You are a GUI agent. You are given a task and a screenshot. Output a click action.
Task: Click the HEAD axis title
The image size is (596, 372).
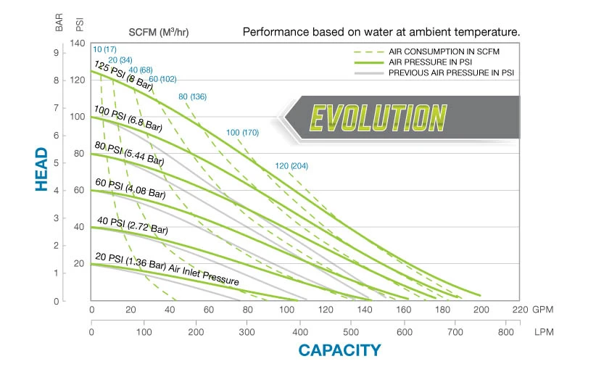(x=41, y=170)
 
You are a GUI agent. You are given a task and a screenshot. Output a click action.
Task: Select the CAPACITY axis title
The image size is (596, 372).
(x=339, y=350)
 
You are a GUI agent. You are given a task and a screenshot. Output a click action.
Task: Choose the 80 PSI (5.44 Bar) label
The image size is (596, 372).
(x=130, y=155)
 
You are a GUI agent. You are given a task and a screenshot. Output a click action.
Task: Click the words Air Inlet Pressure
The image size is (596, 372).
(x=205, y=273)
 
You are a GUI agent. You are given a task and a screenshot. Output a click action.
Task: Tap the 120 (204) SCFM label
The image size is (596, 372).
(x=291, y=166)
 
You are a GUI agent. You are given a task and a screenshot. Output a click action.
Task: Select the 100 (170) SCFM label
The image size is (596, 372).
(x=242, y=132)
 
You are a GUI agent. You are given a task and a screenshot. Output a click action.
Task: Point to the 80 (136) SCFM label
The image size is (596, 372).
(x=192, y=96)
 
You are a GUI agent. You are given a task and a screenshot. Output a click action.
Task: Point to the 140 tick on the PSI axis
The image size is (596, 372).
(x=78, y=44)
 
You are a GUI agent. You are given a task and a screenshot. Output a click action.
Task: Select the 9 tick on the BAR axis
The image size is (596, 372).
(x=56, y=53)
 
